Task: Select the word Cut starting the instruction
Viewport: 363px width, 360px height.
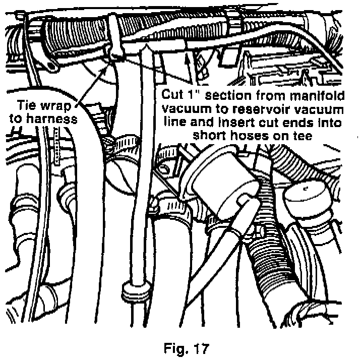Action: point(171,94)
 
